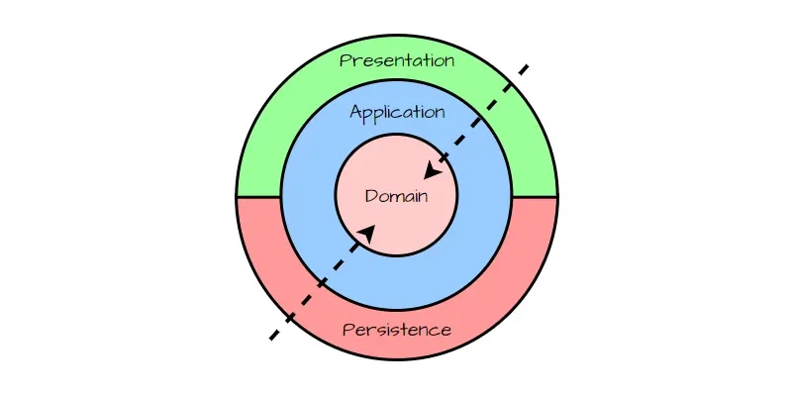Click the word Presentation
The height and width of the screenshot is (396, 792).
(x=397, y=60)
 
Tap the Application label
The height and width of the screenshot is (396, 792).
(x=397, y=112)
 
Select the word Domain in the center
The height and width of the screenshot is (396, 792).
(x=396, y=196)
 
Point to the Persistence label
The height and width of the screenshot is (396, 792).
(x=397, y=330)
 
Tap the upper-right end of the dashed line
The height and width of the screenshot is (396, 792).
(x=527, y=67)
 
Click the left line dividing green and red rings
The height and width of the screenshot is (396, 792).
(x=258, y=197)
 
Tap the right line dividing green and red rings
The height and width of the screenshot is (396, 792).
(x=535, y=197)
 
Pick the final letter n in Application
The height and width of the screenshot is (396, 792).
(x=440, y=112)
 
